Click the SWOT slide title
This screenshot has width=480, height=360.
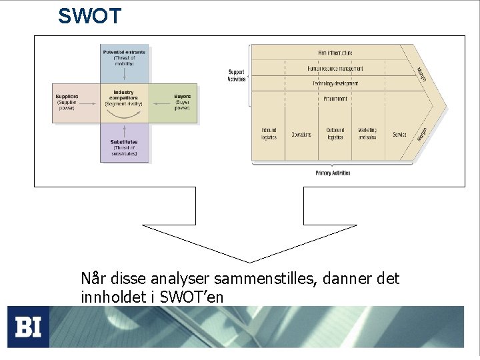point(89,16)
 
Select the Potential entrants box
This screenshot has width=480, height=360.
point(124,63)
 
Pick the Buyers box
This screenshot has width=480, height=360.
point(173,103)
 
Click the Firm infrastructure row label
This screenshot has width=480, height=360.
point(335,53)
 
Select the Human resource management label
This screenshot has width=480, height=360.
point(335,68)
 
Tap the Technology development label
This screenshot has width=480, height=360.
point(335,83)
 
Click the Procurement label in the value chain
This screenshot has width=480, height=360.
point(335,99)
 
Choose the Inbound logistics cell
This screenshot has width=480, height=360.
point(269,133)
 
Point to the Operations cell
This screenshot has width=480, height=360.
point(301,134)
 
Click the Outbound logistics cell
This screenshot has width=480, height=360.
point(335,133)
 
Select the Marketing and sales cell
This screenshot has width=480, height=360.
point(367,133)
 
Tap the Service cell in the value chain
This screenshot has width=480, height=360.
point(399,134)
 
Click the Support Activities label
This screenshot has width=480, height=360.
point(237,75)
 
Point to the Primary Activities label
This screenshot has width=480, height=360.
point(333,173)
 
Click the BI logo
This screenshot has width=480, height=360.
point(29,327)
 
